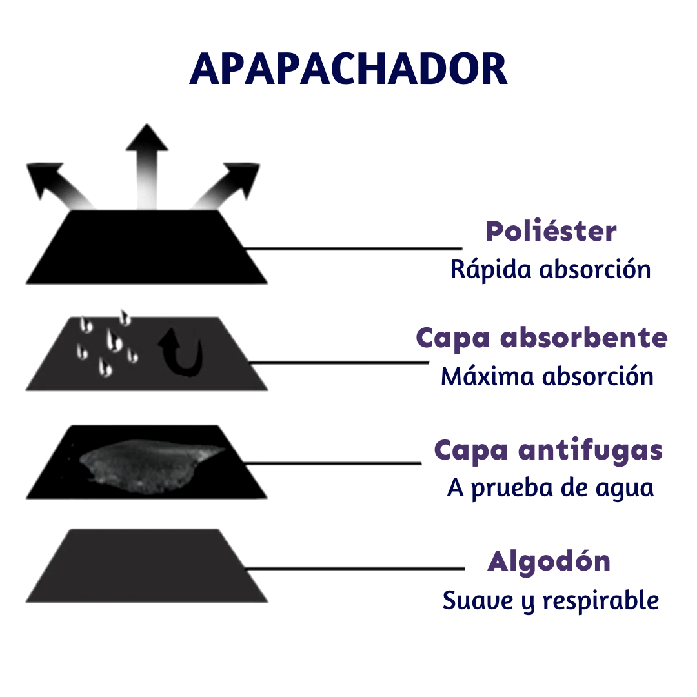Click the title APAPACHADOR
click(348, 68)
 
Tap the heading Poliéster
click(551, 231)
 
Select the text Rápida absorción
click(551, 269)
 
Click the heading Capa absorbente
click(541, 338)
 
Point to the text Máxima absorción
click(547, 376)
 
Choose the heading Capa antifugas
click(548, 450)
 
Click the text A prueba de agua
click(551, 488)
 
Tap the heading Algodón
click(549, 561)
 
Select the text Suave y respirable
click(551, 600)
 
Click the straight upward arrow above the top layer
click(146, 161)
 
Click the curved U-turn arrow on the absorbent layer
click(183, 352)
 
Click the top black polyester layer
click(146, 248)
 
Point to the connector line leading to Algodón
click(355, 569)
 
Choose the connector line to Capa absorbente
click(338, 363)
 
